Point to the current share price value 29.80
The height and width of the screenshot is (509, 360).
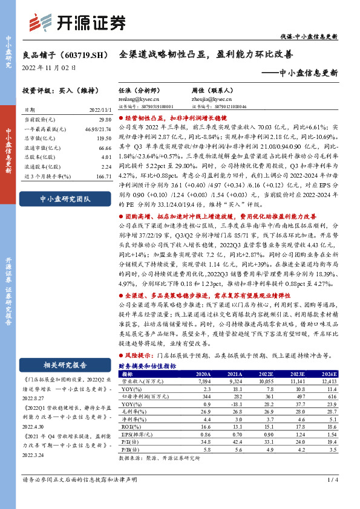click(x=103, y=120)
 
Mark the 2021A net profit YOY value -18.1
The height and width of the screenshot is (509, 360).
click(x=235, y=403)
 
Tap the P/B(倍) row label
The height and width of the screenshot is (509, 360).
click(x=128, y=449)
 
